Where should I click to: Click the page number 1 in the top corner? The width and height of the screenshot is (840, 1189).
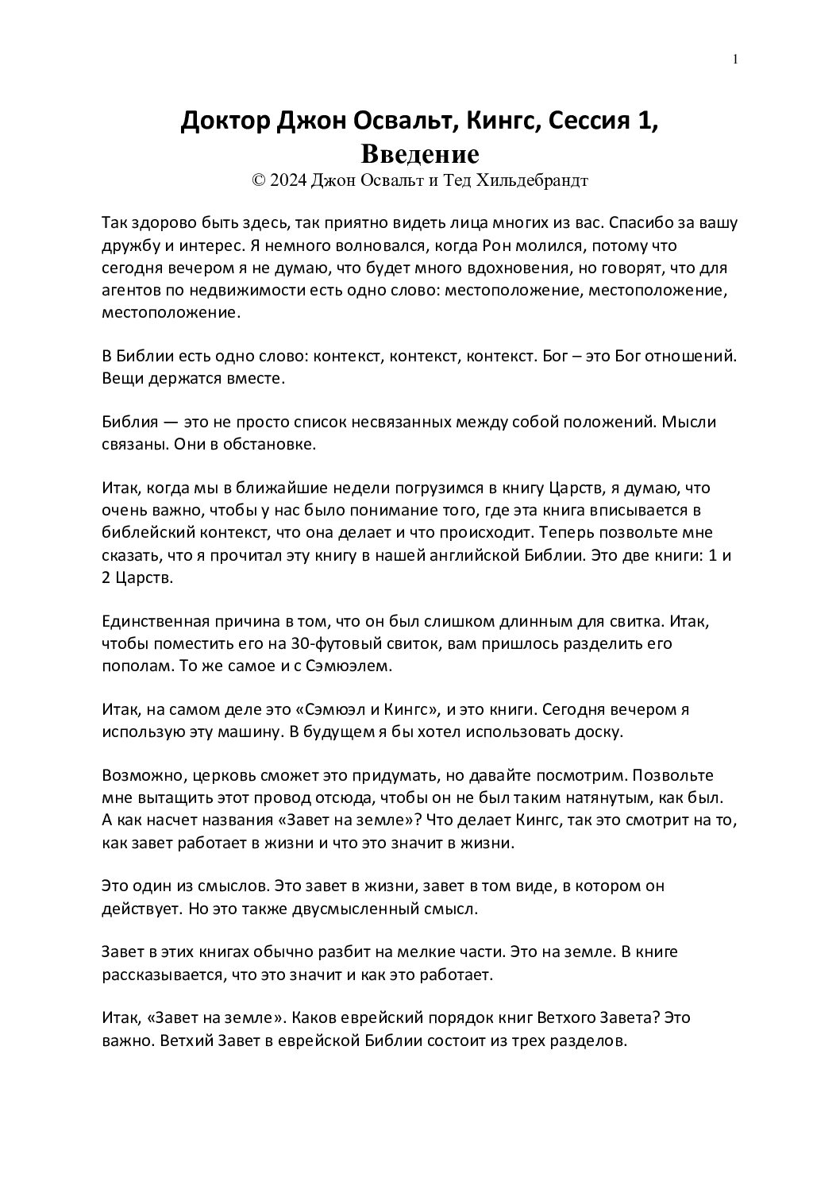pos(735,60)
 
